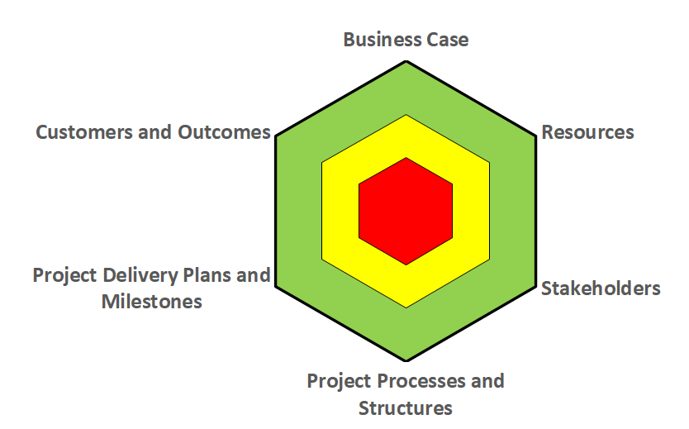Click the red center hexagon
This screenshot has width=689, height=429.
point(406,211)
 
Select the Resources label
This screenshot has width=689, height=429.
point(587,132)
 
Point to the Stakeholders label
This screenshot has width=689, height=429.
point(601,288)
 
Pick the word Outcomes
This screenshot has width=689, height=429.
point(224,132)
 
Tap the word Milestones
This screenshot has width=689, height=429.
point(152,302)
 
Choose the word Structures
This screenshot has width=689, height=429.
point(406,408)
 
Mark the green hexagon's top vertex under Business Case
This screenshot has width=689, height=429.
point(406,61)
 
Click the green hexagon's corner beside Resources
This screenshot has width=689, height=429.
point(536,136)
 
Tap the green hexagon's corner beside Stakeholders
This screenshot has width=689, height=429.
point(536,287)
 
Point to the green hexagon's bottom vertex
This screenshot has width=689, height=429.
point(406,361)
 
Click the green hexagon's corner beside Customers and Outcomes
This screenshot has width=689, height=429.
point(275,136)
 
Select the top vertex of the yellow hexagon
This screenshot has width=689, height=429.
point(406,115)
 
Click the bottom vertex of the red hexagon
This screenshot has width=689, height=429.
point(406,265)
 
